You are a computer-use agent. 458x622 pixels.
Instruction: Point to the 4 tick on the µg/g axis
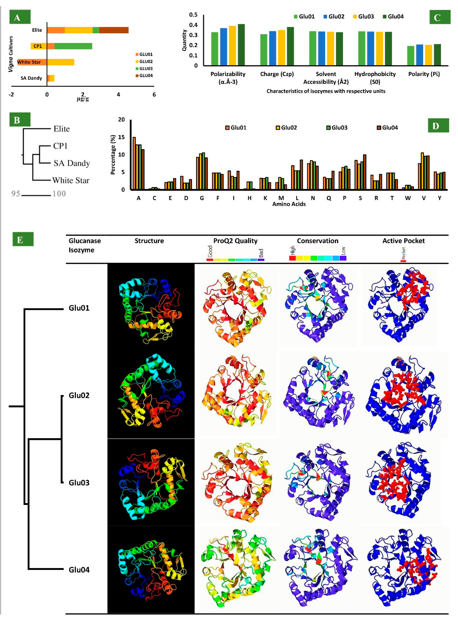(x=118, y=95)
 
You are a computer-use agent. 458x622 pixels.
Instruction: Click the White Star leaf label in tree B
(x=71, y=181)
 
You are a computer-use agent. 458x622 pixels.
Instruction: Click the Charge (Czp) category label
(x=277, y=74)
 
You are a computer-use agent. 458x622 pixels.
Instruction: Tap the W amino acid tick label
(x=408, y=198)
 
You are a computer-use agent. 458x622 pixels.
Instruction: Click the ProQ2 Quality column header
(x=235, y=241)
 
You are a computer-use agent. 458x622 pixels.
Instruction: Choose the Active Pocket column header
(x=403, y=241)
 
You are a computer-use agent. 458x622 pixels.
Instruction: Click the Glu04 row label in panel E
(x=79, y=570)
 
